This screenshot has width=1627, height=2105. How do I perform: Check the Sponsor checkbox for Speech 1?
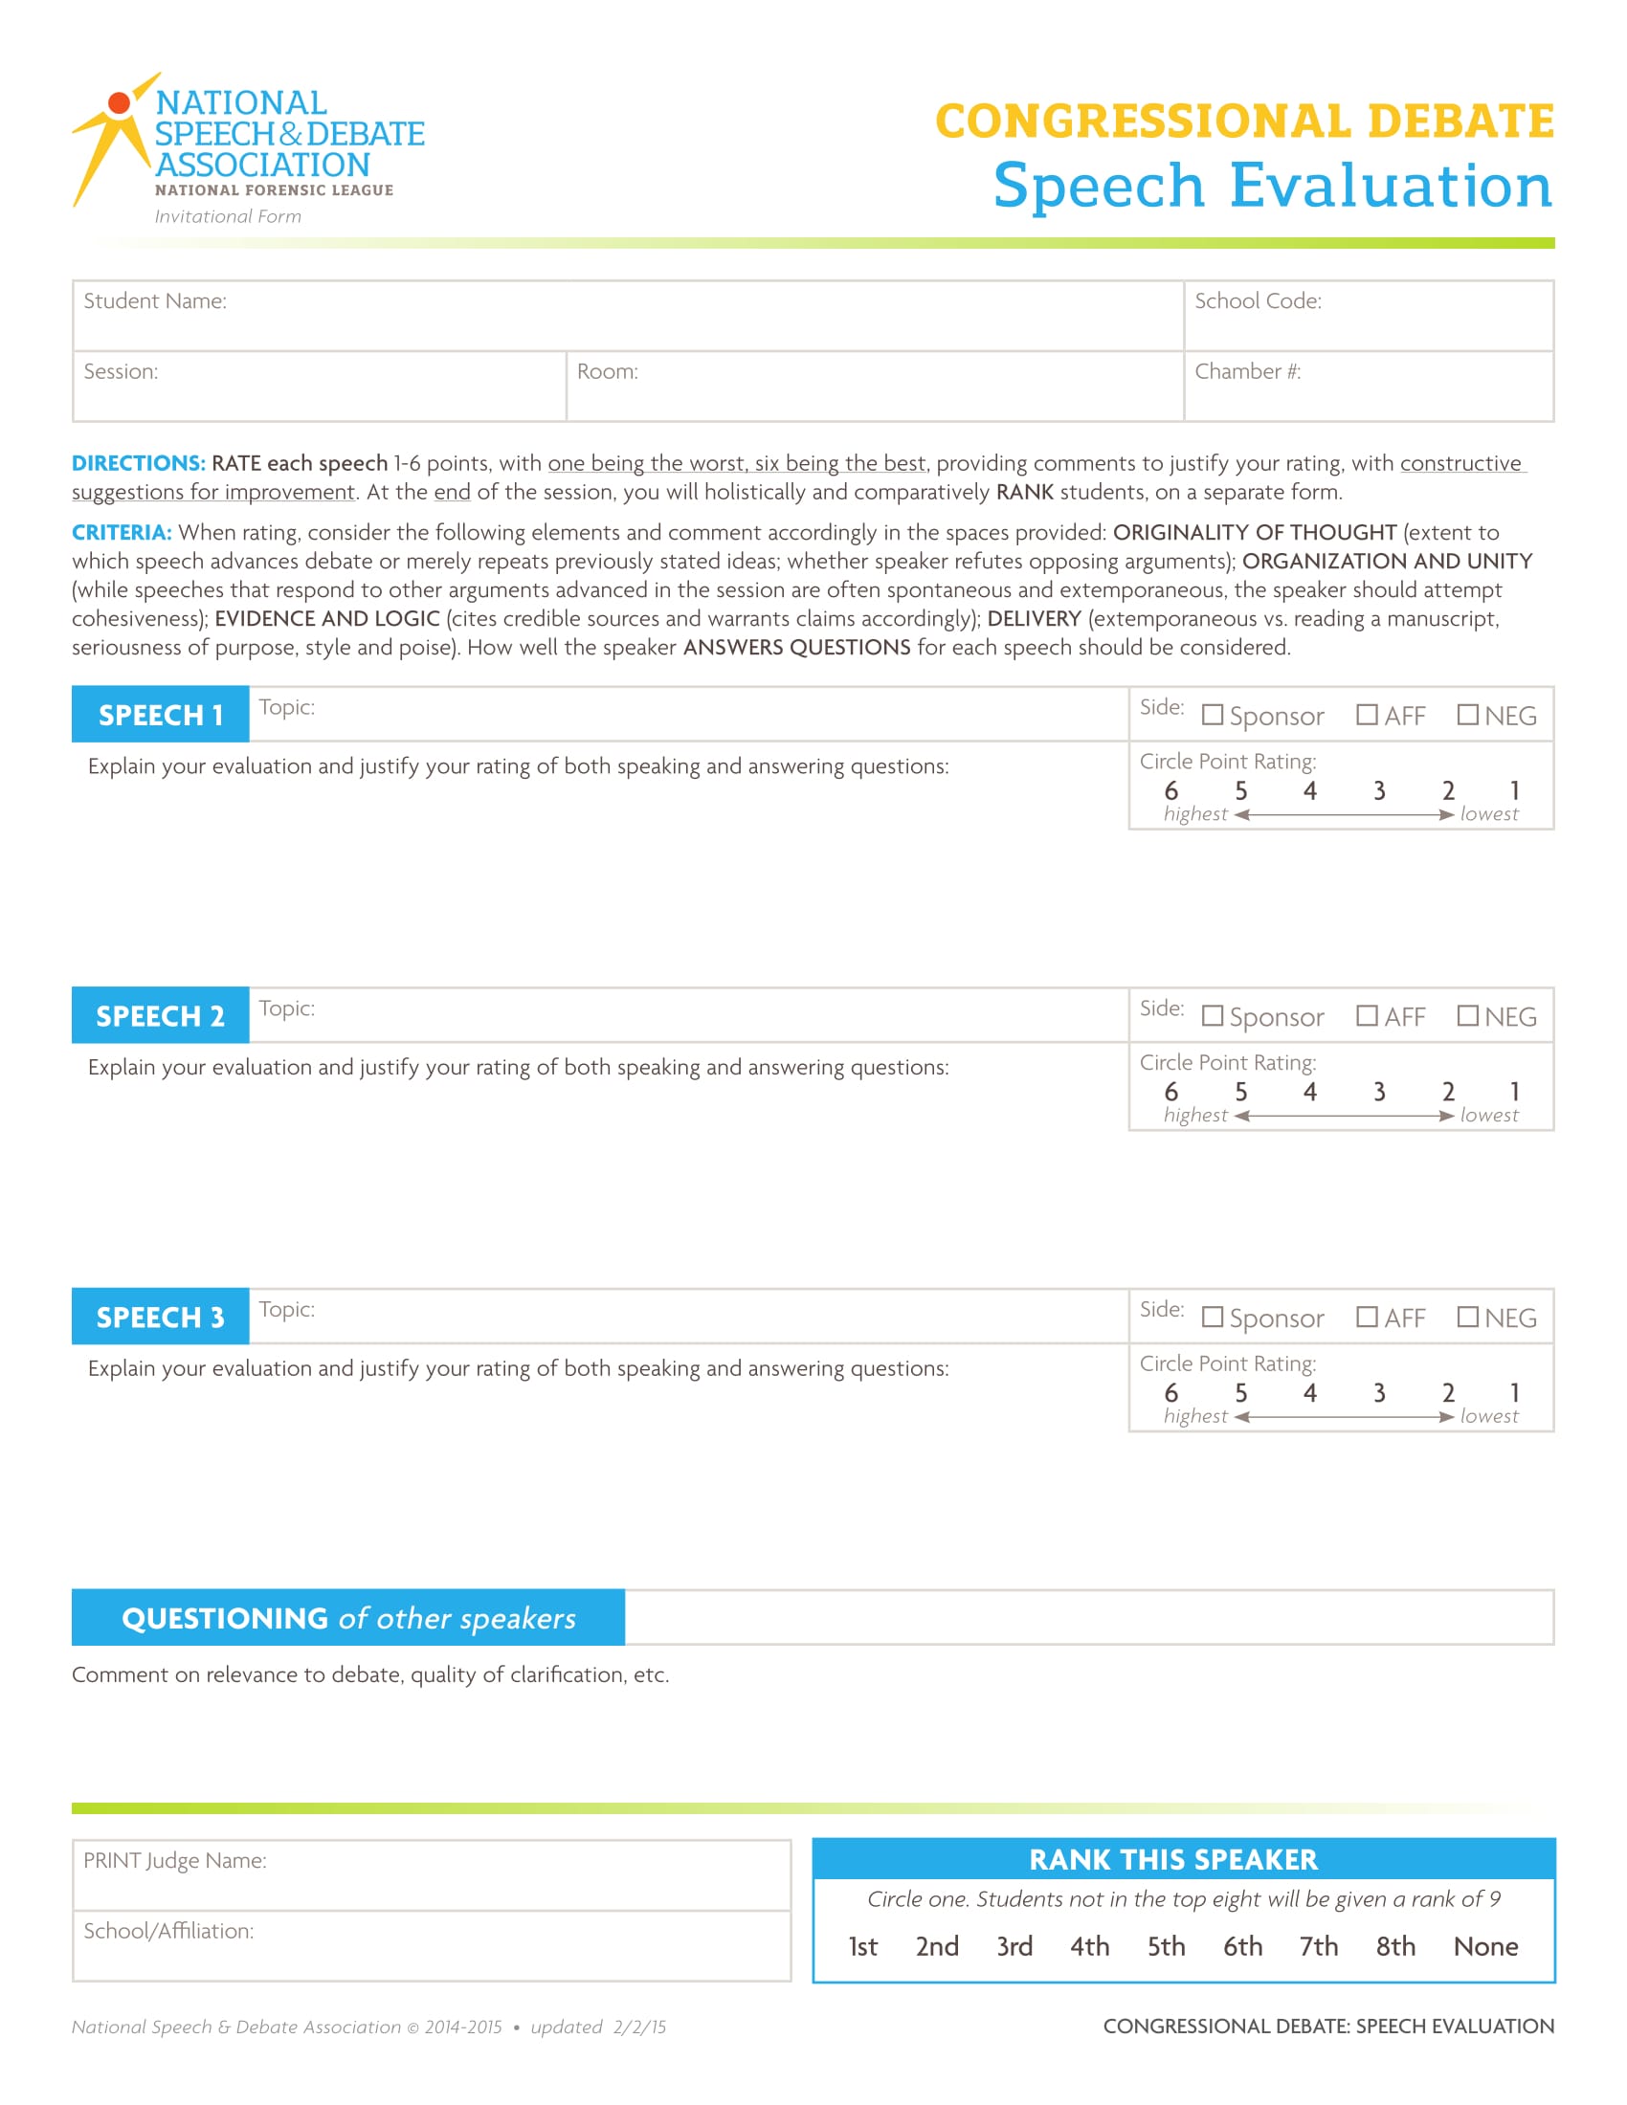(1213, 715)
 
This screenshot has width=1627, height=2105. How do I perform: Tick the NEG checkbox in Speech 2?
(1467, 1016)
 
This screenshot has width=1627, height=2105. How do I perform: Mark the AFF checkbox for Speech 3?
(1366, 1317)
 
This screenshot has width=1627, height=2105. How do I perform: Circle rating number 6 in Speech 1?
(1171, 791)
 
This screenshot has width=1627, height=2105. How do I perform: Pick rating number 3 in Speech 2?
(1379, 1092)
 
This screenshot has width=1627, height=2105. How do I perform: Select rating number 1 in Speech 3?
(1514, 1393)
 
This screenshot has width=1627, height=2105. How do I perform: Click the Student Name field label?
(155, 301)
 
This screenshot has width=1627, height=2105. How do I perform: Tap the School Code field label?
(1257, 301)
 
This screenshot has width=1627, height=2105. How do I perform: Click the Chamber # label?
(1247, 372)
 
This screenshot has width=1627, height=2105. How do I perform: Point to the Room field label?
(607, 372)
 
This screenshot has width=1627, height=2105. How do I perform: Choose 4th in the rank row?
(1089, 1947)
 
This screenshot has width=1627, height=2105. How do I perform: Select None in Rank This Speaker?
(1485, 1947)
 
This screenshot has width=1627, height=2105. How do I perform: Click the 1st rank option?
(862, 1947)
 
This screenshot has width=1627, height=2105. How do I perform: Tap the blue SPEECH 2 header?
(160, 1016)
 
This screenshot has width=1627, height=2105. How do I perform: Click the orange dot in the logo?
(119, 103)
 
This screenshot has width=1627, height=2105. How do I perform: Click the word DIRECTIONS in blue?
(139, 464)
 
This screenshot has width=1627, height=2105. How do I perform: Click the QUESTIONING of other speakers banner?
(348, 1618)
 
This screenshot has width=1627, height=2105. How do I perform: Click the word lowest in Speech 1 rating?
(1489, 814)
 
